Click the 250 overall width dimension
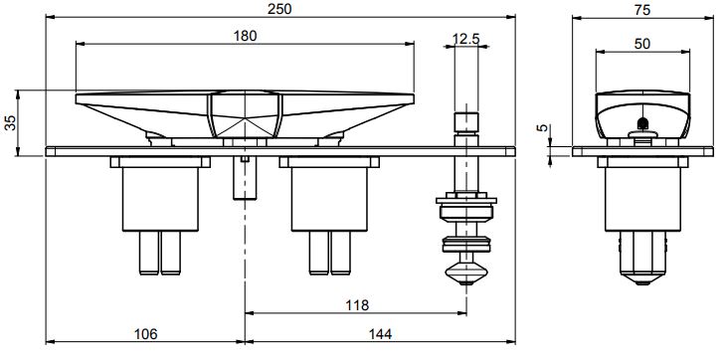279,9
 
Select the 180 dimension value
245,36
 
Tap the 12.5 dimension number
465,39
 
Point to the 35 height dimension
10,122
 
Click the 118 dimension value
357,305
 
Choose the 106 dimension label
145,334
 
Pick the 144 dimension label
380,334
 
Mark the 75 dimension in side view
642,10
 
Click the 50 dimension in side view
642,44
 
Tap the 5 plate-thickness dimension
542,128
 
